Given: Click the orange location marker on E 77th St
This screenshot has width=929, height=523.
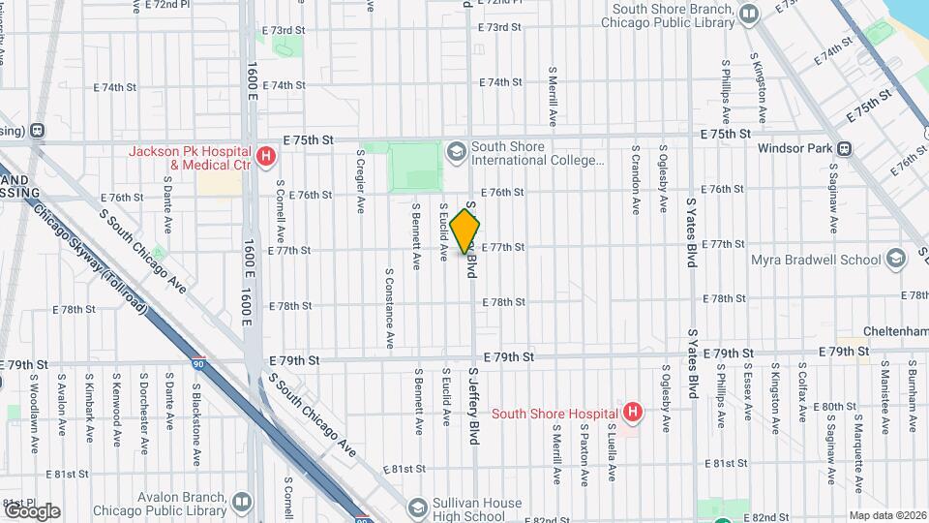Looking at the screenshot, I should [465, 231].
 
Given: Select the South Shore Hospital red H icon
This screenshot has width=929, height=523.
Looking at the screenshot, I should [632, 414].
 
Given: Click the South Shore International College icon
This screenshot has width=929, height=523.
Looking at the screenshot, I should [455, 152].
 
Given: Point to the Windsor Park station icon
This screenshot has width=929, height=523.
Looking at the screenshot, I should [845, 149].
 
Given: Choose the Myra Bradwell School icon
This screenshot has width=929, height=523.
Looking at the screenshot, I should [896, 259].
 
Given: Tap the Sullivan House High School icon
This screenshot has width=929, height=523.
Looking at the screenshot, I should [418, 508].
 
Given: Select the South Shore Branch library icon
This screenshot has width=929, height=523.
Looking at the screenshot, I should [748, 15].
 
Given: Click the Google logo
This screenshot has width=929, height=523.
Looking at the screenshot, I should [32, 510].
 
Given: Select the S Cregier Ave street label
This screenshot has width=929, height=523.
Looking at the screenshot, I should [360, 180].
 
